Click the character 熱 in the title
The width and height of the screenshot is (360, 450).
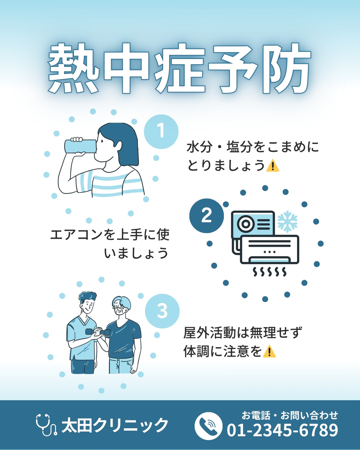(x=74, y=68)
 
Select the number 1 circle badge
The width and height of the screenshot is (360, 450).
(x=161, y=132)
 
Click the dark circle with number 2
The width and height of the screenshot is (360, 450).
(x=206, y=216)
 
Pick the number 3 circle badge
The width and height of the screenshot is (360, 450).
(x=162, y=311)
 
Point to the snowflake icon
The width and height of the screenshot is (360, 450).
(x=287, y=221)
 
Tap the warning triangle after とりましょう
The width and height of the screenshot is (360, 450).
(x=273, y=166)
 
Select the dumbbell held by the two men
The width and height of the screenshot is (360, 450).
(x=98, y=332)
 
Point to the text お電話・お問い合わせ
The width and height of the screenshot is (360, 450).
(x=290, y=415)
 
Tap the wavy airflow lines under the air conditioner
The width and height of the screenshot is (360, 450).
(x=269, y=272)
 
